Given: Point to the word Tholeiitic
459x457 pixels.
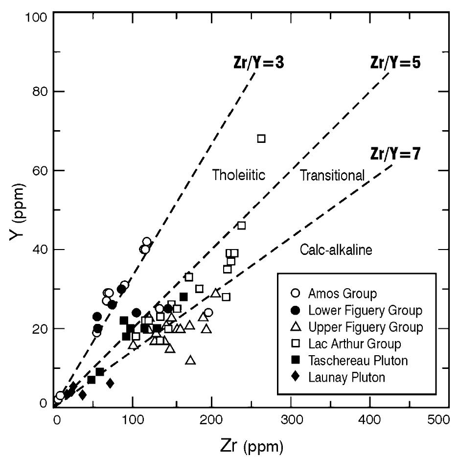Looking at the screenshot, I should pyautogui.click(x=238, y=175).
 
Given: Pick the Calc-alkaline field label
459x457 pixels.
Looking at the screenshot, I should pyautogui.click(x=336, y=250).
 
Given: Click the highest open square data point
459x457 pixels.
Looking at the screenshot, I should pyautogui.click(x=261, y=138).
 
